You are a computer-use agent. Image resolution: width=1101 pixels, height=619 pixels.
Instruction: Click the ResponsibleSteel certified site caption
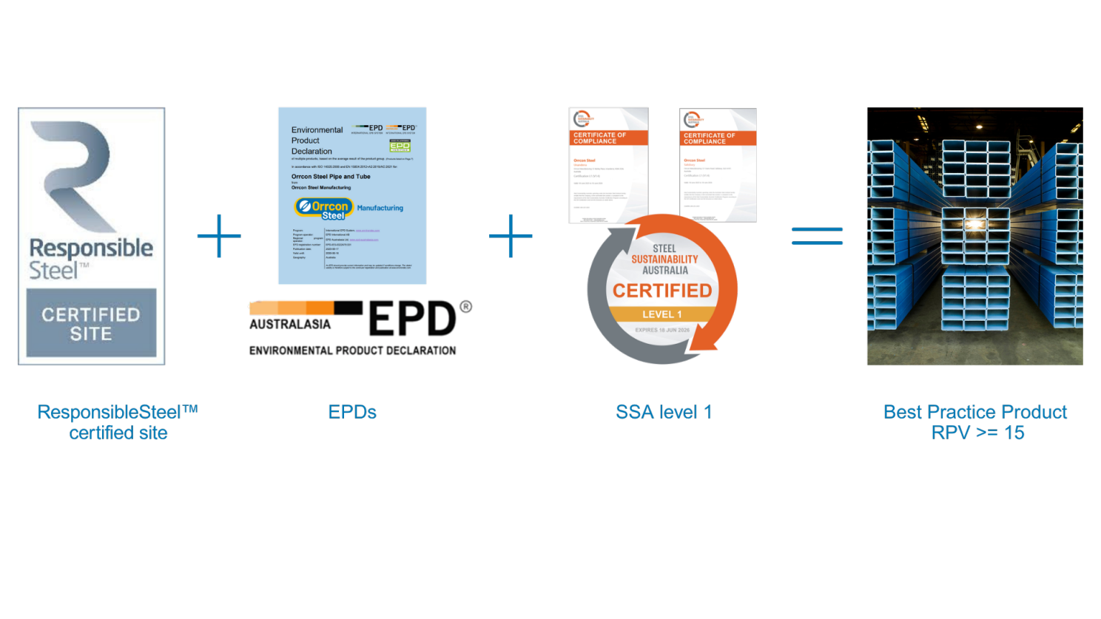point(118,422)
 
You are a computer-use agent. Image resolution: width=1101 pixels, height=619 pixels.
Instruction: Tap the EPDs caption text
point(352,412)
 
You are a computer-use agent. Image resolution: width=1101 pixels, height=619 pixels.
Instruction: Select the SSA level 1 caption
point(664,412)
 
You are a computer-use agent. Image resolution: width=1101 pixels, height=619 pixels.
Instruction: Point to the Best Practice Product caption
point(975,422)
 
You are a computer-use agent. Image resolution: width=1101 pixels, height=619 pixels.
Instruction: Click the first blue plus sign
point(219,237)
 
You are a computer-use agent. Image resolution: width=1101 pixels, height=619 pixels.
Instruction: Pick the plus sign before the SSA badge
point(511,237)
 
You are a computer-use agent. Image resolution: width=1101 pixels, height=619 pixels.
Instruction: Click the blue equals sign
point(817,236)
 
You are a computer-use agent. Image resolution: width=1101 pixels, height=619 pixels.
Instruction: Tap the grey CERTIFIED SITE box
point(91,324)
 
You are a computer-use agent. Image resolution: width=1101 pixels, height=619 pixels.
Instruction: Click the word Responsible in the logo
point(91,248)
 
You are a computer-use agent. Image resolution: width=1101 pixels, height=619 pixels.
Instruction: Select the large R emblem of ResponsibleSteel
point(76,174)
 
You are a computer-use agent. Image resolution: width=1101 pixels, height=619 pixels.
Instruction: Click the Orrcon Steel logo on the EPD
point(325,208)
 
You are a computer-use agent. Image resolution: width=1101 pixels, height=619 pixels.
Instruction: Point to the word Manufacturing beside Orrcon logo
point(380,208)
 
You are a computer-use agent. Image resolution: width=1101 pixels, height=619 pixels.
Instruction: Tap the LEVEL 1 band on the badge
point(662,314)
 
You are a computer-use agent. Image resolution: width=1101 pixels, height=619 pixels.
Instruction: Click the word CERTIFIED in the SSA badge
point(662,291)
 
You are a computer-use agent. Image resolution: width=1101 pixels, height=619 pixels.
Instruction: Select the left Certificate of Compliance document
point(608,166)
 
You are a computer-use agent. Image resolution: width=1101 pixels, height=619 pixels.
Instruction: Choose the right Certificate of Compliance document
point(718,166)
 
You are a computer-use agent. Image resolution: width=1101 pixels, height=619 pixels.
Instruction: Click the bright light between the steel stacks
point(974,223)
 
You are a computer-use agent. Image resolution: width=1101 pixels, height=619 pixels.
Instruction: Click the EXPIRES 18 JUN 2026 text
point(662,330)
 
